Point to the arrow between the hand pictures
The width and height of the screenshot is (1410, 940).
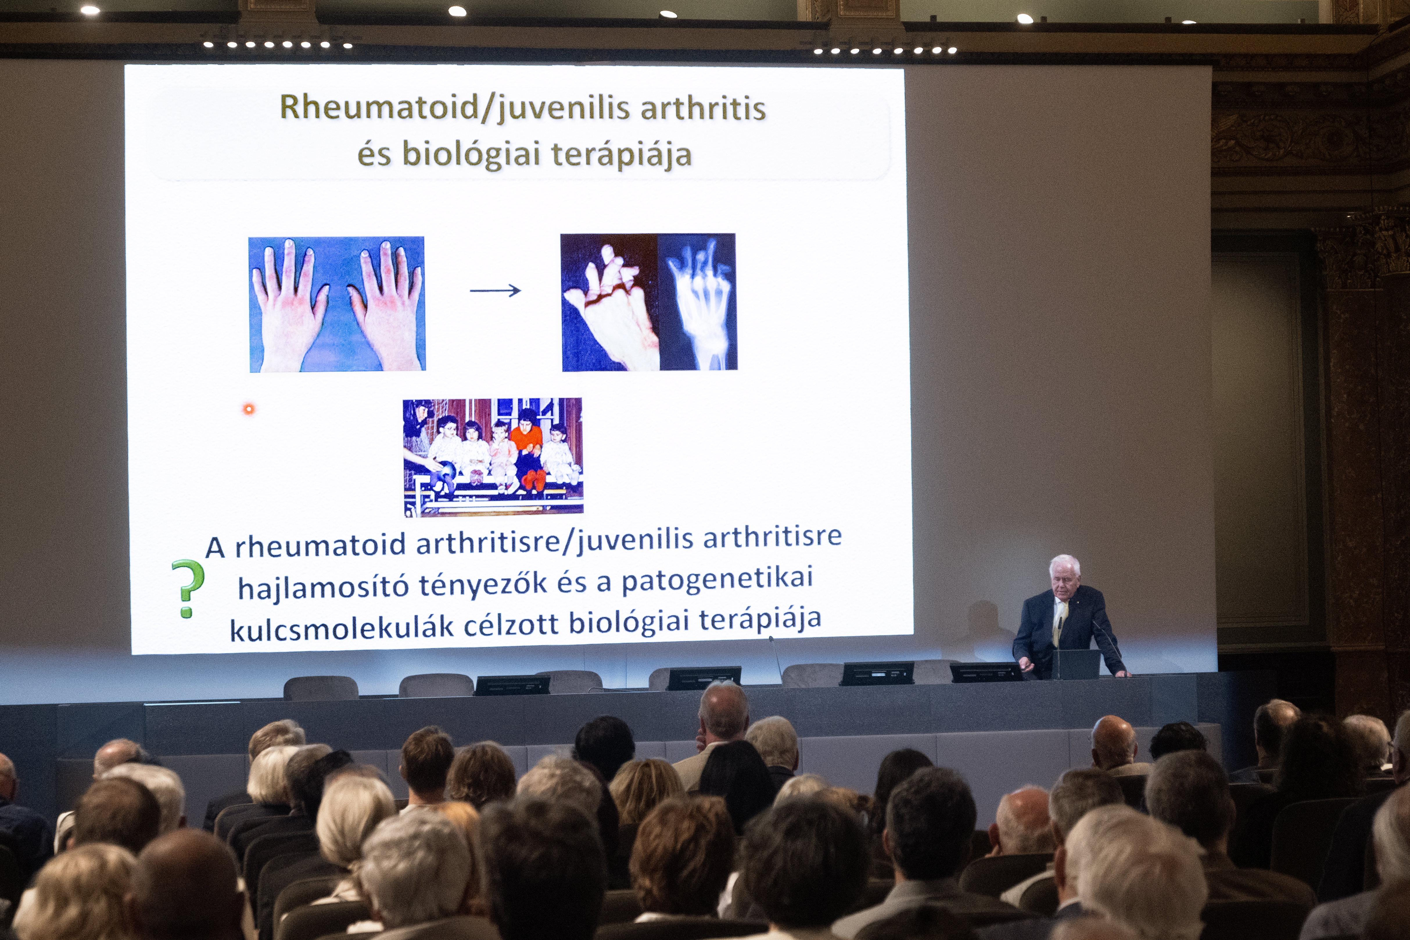click(x=495, y=291)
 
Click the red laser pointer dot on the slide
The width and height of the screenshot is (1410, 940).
click(x=248, y=409)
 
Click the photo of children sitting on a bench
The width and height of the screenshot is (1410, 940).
click(x=493, y=457)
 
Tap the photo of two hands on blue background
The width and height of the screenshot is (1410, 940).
click(x=337, y=304)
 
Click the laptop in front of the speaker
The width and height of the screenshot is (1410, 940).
click(x=1076, y=664)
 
